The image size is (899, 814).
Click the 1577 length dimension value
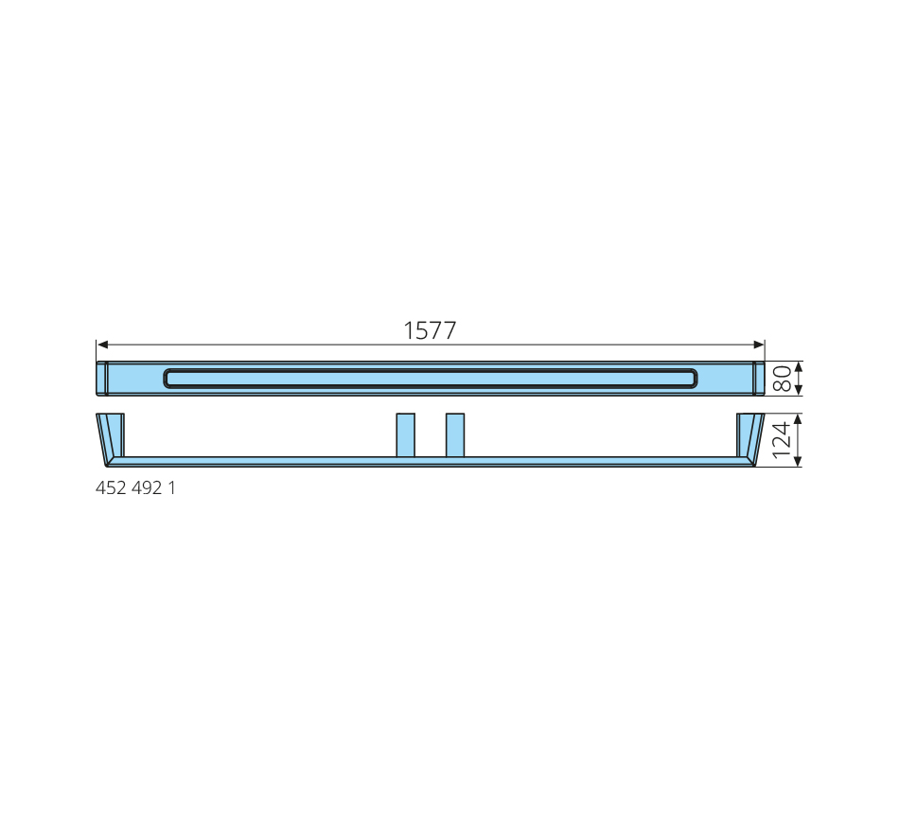click(x=430, y=330)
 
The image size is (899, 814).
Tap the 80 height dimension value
click(x=782, y=379)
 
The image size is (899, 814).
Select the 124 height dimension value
click(x=782, y=440)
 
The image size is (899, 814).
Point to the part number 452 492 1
click(x=135, y=487)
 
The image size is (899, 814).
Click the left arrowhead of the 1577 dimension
click(x=102, y=345)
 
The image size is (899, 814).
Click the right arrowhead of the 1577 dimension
click(x=759, y=345)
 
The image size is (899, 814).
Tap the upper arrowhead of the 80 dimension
click(x=799, y=367)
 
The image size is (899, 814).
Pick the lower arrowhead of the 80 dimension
click(x=799, y=390)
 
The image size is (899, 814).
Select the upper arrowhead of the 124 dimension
click(x=798, y=419)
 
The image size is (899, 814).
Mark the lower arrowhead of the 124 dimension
click(x=798, y=461)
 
